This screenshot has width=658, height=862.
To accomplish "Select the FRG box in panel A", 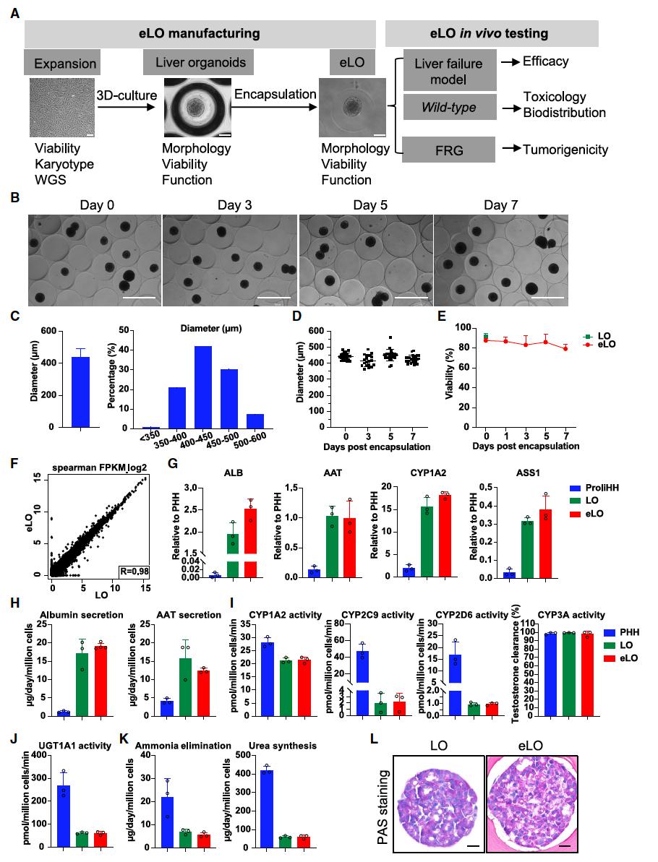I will pyautogui.click(x=449, y=150).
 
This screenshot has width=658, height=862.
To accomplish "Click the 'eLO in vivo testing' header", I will pyautogui.click(x=491, y=33).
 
